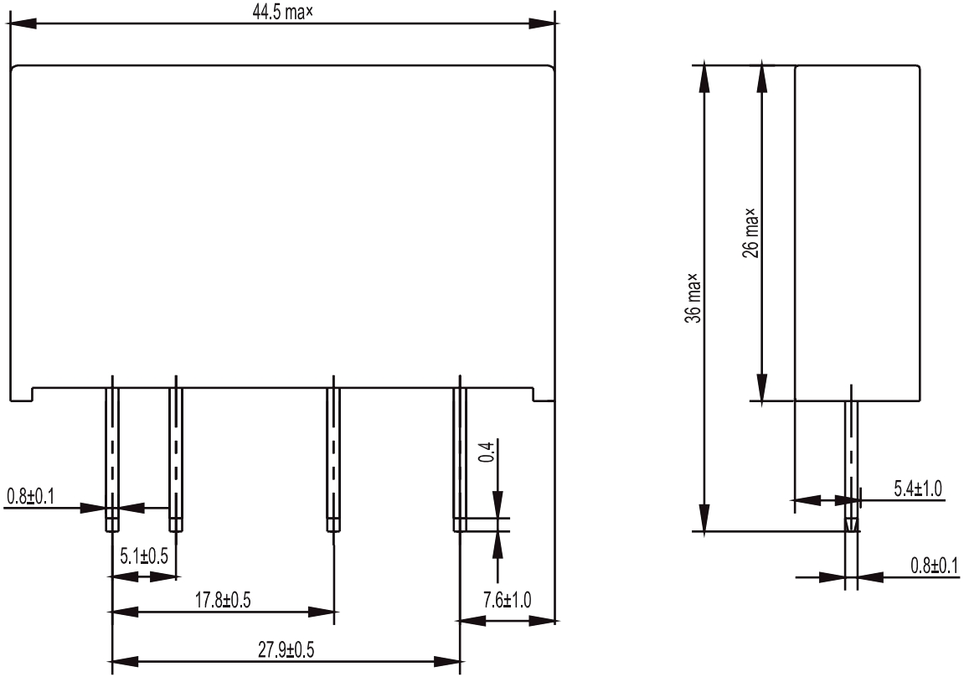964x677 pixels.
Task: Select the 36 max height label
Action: (x=693, y=298)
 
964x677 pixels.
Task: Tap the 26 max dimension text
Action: (x=750, y=233)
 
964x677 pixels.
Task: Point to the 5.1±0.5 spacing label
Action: (x=144, y=556)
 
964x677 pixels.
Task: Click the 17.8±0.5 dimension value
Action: (x=223, y=600)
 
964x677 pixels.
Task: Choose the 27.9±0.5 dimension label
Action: (x=286, y=650)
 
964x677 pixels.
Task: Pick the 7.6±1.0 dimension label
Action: (x=508, y=600)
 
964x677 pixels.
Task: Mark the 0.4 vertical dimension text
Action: (x=487, y=452)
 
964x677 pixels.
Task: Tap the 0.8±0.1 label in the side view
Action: (x=935, y=565)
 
